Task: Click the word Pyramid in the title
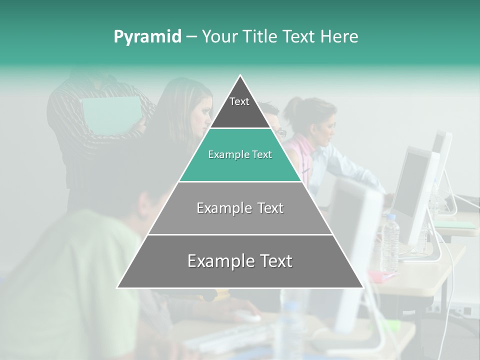[x=147, y=37]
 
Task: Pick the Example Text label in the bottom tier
[x=240, y=261]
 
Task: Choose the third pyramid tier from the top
[x=240, y=208]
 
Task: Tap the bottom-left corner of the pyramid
[x=118, y=287]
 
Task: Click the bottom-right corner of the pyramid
[x=362, y=287]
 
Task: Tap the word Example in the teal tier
[x=224, y=155]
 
